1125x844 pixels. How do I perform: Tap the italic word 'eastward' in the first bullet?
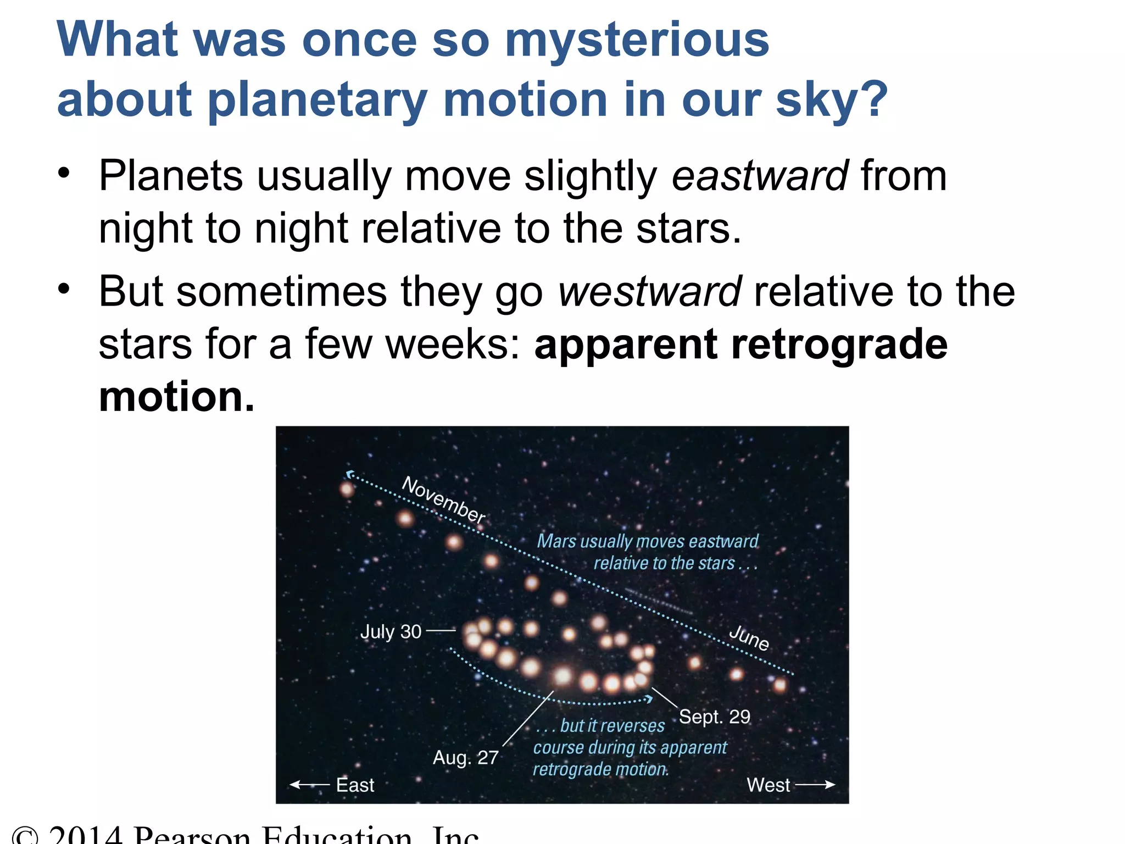point(760,176)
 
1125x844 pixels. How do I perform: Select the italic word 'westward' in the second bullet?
point(650,291)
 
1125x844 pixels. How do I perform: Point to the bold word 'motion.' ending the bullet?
point(177,397)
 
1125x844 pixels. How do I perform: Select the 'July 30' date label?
point(391,631)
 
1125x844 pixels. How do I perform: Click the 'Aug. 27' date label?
point(465,758)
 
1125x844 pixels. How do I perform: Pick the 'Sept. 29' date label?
point(714,717)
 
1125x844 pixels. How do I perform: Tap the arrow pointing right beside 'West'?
point(815,785)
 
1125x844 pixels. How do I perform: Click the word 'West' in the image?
point(768,785)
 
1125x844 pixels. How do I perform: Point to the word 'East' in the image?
point(355,785)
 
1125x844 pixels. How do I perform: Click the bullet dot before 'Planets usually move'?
point(64,173)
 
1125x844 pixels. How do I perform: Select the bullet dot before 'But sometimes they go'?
point(64,288)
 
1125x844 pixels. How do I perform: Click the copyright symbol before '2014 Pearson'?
point(25,836)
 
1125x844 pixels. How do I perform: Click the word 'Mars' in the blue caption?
point(556,541)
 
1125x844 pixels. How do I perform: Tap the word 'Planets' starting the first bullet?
point(170,176)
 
